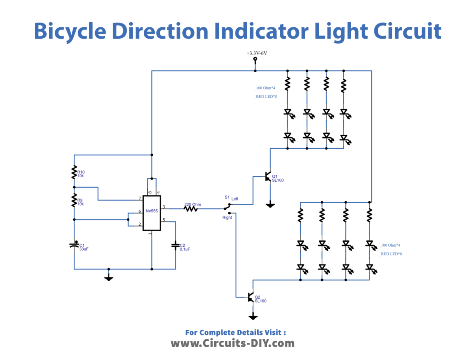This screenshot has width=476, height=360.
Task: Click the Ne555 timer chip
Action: pyautogui.click(x=151, y=212)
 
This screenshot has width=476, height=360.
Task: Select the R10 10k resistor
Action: pyautogui.click(x=74, y=172)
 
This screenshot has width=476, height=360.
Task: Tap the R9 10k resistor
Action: pyautogui.click(x=74, y=201)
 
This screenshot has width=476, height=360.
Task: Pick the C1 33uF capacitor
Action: pyautogui.click(x=74, y=245)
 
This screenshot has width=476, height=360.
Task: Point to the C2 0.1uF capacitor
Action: pyautogui.click(x=175, y=245)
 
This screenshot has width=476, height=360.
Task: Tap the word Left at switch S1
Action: pyautogui.click(x=235, y=199)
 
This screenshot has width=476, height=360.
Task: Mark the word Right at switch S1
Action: pyautogui.click(x=227, y=218)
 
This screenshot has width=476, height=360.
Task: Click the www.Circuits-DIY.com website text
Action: pyautogui.click(x=232, y=343)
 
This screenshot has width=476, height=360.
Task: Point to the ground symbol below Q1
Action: pyautogui.click(x=270, y=204)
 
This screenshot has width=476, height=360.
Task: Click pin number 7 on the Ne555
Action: pyautogui.click(x=139, y=199)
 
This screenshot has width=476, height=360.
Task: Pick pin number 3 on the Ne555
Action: pyautogui.click(x=164, y=207)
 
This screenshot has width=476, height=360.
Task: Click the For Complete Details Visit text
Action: pyautogui.click(x=235, y=332)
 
